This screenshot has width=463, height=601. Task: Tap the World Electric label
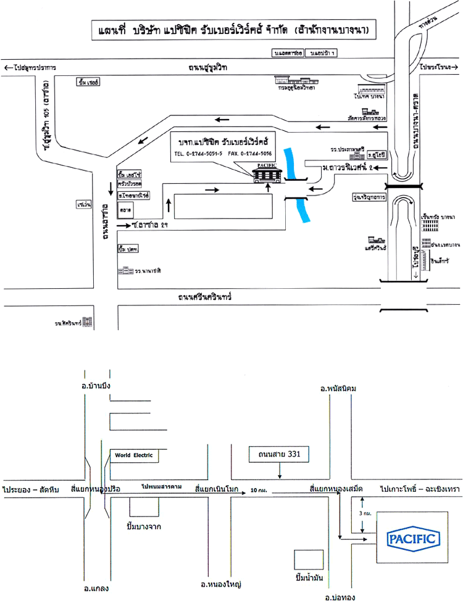click(131, 456)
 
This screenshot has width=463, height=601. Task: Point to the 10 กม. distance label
click(259, 491)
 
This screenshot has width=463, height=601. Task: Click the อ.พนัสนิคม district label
click(335, 387)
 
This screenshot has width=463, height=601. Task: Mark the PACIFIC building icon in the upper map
click(269, 172)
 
